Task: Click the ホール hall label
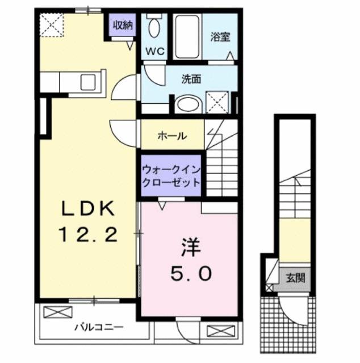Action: pos(171,136)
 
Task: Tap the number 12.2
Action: pos(88,234)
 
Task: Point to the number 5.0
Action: pos(190,273)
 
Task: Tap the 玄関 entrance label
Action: pos(294,278)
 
